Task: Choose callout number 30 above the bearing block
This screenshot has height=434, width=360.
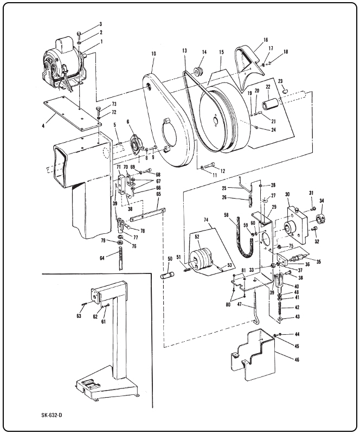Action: point(287,195)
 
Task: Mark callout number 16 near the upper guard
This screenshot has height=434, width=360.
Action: point(266,40)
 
